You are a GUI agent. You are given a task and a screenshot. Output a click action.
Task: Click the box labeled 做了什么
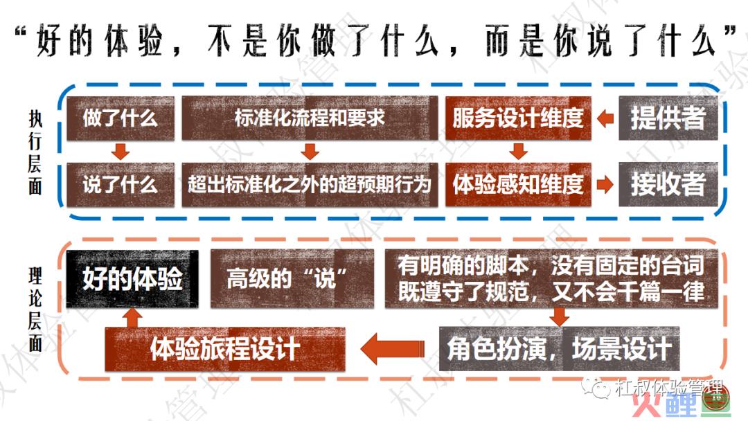coord(121,118)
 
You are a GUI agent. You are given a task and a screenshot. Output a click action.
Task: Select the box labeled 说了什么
coord(121,184)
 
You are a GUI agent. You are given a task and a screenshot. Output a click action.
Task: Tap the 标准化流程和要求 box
coord(310,118)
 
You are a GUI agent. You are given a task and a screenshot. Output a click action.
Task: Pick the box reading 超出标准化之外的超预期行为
coord(310,184)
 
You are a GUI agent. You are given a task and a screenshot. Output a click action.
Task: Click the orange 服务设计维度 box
coord(518,118)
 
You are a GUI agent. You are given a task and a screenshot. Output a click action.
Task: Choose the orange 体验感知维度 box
coord(518,184)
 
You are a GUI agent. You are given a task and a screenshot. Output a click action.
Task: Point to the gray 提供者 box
coord(668,118)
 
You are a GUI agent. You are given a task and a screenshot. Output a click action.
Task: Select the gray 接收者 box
coord(668,184)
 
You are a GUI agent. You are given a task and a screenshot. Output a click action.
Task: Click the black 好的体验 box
coord(132,279)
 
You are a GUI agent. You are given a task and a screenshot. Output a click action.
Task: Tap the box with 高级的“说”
coord(292,279)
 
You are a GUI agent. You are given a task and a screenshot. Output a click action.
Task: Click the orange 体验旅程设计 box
coord(224,349)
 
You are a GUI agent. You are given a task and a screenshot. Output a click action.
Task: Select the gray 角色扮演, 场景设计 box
coord(559,348)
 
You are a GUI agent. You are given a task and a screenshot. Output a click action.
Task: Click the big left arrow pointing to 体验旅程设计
coord(392,348)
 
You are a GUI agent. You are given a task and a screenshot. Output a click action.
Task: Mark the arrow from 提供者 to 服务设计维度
coord(605,118)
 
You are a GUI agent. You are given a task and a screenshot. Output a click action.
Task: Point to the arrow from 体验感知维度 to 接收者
coord(605,184)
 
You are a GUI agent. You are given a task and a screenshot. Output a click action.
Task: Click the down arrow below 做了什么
coord(121,152)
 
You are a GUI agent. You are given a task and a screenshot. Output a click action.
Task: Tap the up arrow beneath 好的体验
coord(132,318)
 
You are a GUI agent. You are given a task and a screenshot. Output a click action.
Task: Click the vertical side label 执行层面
coord(35,152)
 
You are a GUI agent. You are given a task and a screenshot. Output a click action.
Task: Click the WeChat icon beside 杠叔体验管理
coord(596,388)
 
